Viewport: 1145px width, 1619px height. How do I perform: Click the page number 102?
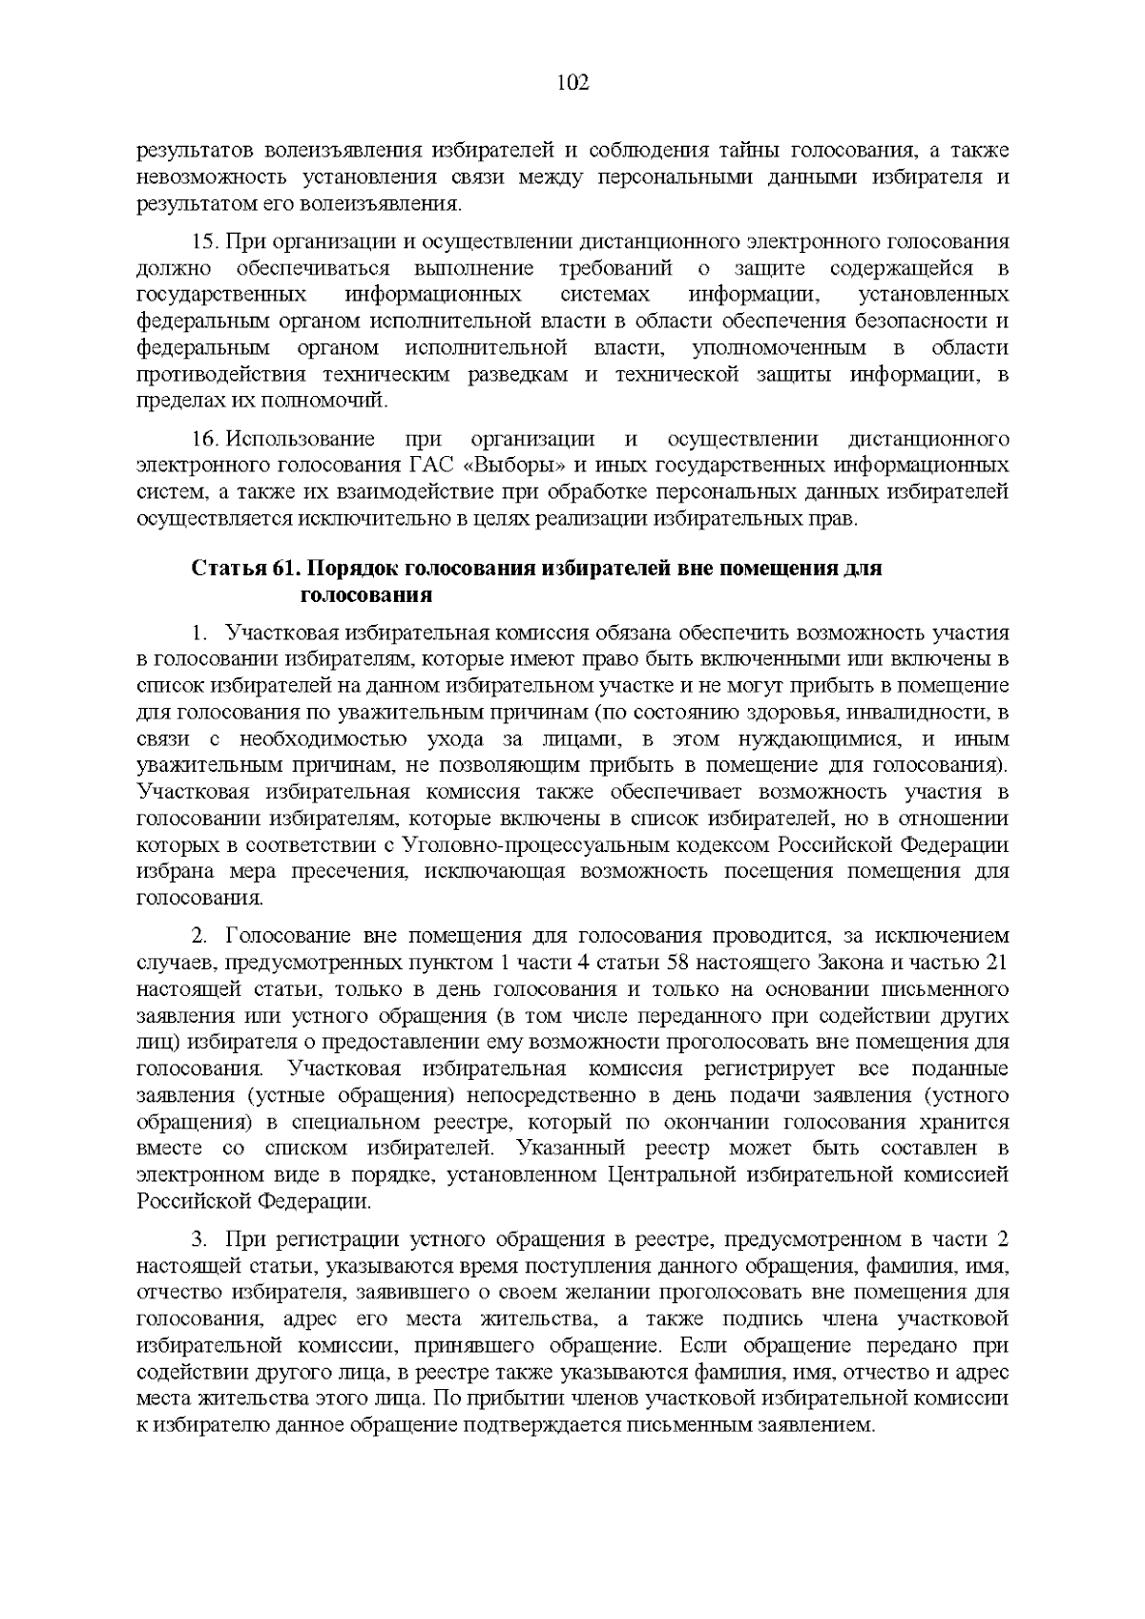tap(572, 83)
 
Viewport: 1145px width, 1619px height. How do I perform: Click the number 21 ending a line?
tap(995, 963)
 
